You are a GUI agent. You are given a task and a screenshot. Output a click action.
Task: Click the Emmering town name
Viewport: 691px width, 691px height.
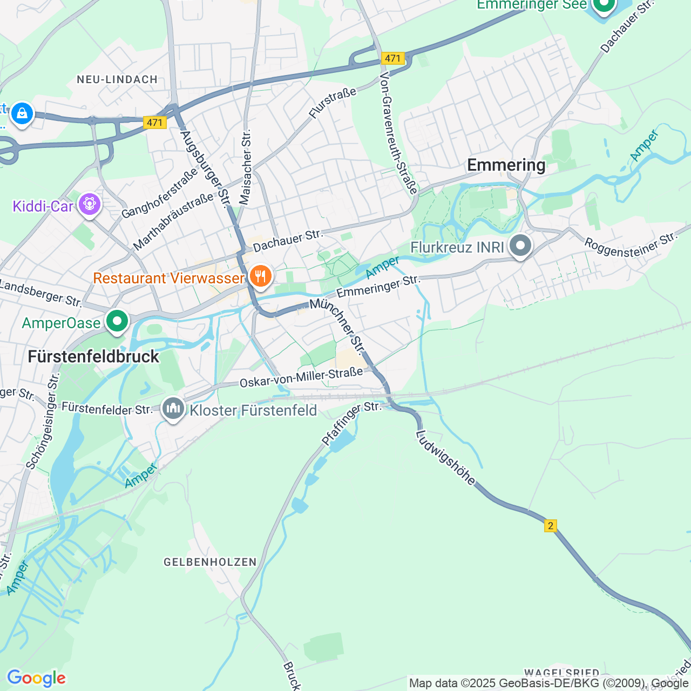(x=506, y=165)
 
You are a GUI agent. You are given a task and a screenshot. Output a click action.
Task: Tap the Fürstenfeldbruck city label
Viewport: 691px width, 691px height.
(x=93, y=357)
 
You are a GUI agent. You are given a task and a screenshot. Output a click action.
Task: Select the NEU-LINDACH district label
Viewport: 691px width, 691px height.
(x=117, y=79)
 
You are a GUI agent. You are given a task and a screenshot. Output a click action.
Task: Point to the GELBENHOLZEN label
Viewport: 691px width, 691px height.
(x=210, y=562)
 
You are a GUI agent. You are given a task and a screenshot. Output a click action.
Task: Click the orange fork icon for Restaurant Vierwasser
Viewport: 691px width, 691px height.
(x=260, y=277)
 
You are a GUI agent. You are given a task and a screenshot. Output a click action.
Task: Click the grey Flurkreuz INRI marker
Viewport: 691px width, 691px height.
(x=520, y=246)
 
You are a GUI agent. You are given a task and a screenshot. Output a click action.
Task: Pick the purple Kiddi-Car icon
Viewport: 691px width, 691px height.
(x=89, y=205)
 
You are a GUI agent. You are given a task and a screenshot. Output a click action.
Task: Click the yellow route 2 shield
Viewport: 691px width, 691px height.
(x=550, y=526)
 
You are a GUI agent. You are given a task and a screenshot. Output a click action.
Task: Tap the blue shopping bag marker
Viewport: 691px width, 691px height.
(x=22, y=113)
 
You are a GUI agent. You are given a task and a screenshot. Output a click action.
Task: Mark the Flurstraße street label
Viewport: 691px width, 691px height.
(x=333, y=103)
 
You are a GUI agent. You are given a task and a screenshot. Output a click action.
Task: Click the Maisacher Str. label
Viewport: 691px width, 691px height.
(x=246, y=167)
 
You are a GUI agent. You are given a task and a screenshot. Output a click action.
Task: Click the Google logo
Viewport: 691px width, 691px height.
(x=36, y=678)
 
